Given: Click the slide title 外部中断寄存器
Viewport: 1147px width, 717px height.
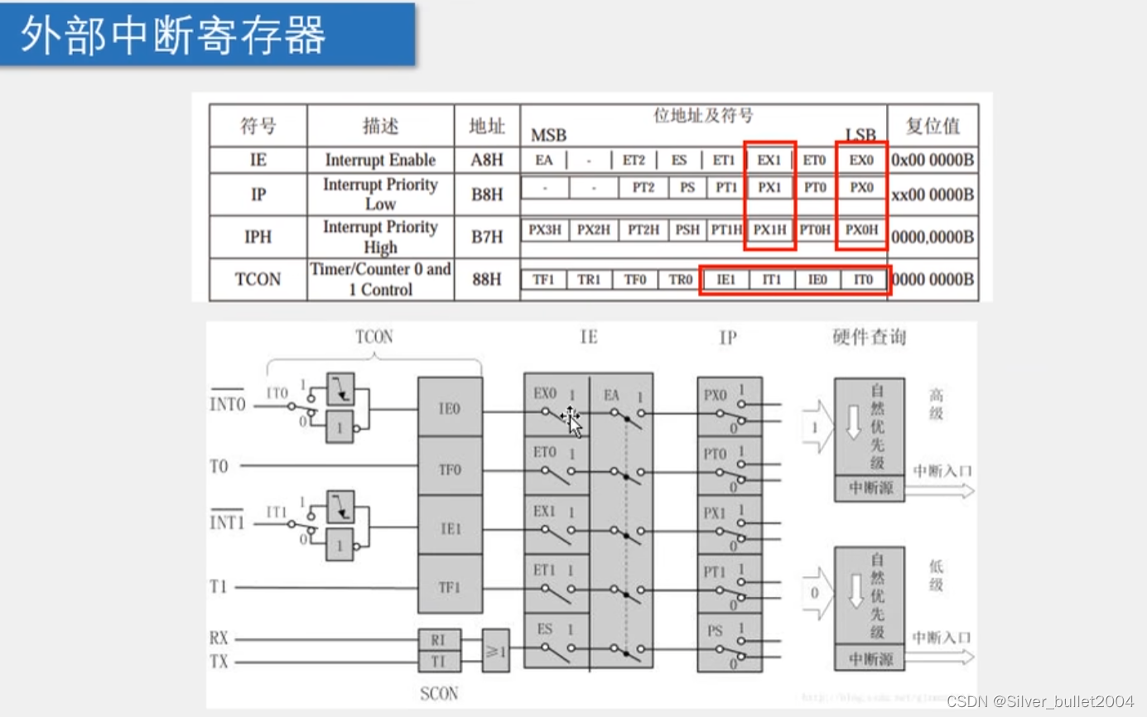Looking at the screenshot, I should (172, 35).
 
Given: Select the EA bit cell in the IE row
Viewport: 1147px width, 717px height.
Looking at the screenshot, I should (543, 160).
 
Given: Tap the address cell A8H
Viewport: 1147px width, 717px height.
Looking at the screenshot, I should (487, 160).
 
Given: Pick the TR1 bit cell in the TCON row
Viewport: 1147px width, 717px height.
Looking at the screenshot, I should (589, 280).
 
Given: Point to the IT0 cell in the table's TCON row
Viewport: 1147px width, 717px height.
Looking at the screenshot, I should (863, 280).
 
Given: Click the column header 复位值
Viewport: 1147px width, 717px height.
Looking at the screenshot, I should (933, 126).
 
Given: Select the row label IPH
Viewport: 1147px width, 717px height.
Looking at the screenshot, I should (258, 237).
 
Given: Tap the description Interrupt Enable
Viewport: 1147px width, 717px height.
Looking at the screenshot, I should (380, 160).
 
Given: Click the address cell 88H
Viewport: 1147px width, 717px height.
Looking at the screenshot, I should (487, 280).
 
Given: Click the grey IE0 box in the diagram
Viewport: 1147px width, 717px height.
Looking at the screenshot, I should (450, 407).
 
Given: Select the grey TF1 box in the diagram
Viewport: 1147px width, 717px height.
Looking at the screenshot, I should (450, 587).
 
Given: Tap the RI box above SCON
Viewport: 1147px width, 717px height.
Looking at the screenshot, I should (438, 640).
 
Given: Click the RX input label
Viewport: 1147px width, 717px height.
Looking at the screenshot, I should (219, 638).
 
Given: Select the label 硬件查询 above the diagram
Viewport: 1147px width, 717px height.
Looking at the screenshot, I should (869, 337).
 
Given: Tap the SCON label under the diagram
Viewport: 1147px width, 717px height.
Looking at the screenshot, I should (439, 693).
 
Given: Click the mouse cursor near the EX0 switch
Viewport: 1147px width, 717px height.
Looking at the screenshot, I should (573, 420).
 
